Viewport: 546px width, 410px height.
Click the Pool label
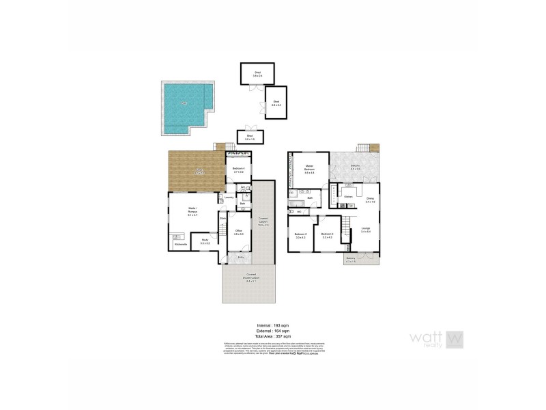click(x=184, y=104)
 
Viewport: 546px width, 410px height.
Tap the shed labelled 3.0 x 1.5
click(x=250, y=137)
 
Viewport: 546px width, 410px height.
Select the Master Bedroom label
click(x=309, y=169)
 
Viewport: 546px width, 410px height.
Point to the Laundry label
click(x=229, y=198)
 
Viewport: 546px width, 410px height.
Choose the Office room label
click(x=239, y=232)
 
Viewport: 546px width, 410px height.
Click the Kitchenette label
click(x=181, y=244)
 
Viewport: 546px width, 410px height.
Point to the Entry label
click(x=240, y=257)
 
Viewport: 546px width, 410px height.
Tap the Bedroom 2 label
click(x=301, y=236)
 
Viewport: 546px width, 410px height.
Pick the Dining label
click(x=370, y=200)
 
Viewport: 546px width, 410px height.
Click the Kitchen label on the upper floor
click(x=348, y=197)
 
